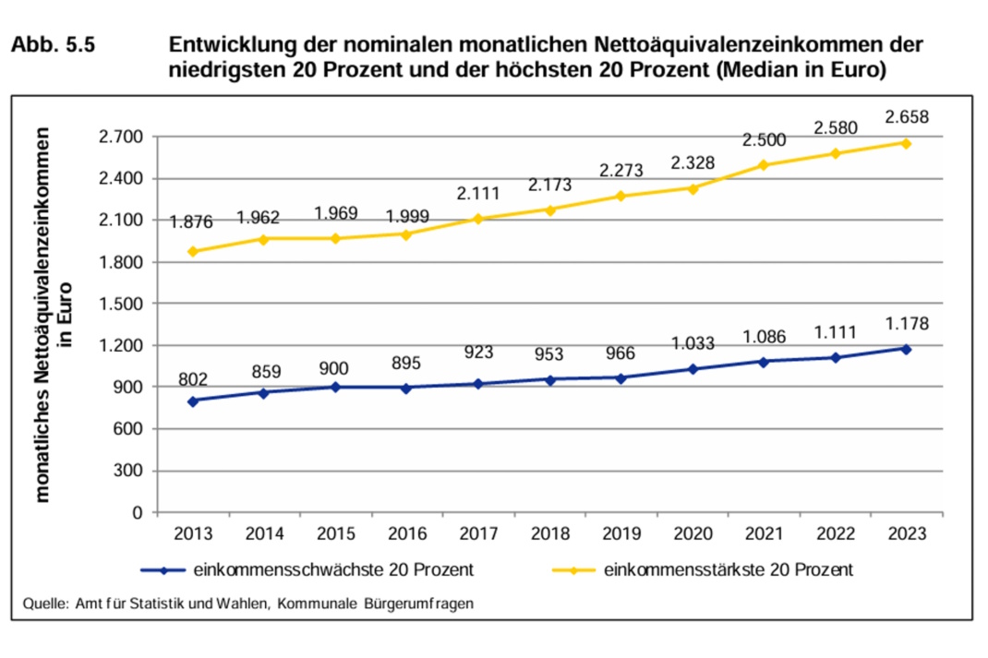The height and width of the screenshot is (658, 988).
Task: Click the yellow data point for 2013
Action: pyautogui.click(x=193, y=251)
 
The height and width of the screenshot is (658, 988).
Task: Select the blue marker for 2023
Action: pyautogui.click(x=906, y=349)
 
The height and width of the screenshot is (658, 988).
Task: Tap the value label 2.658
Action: pyautogui.click(x=906, y=117)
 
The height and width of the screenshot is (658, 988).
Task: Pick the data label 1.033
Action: pyautogui.click(x=693, y=344)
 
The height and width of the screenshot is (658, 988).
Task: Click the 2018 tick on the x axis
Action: pyautogui.click(x=549, y=534)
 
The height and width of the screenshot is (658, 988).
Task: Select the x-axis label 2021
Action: pyautogui.click(x=764, y=534)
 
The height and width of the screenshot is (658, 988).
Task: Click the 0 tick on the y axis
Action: pyautogui.click(x=138, y=512)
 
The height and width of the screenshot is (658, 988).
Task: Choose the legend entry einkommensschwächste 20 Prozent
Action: pyautogui.click(x=333, y=570)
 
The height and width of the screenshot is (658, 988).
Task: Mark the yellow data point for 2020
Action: pyautogui.click(x=693, y=188)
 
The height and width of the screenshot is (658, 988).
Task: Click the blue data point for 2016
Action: pyautogui.click(x=407, y=388)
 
